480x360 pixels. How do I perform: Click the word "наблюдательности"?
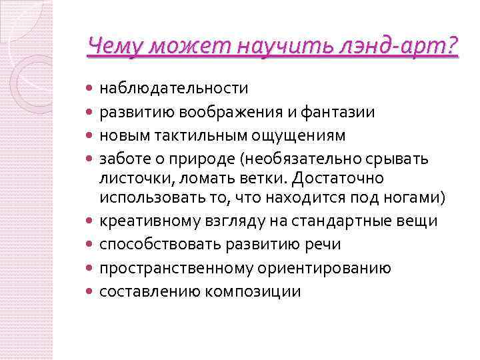click(x=174, y=88)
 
